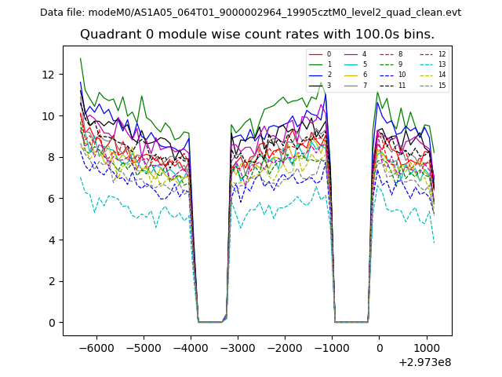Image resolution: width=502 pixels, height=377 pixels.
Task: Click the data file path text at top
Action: [250, 13]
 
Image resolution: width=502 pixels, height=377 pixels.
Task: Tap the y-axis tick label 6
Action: [50, 199]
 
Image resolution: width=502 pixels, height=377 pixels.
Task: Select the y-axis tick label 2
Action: [50, 281]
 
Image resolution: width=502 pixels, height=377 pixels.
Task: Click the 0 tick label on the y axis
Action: [50, 323]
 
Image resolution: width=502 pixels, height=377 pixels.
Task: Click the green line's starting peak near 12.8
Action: [80, 58]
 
